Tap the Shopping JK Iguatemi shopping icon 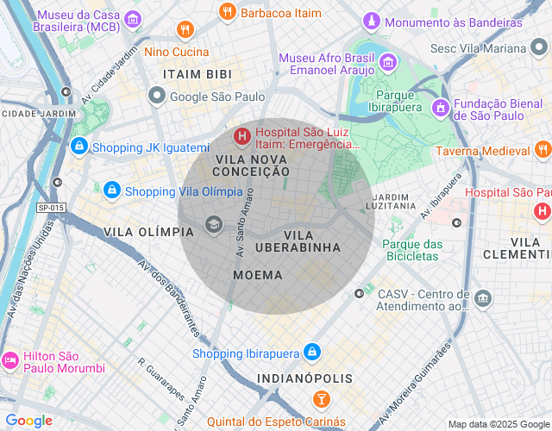(x=79, y=147)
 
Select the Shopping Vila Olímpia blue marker (x=111, y=191)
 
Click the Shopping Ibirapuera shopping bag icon (x=312, y=353)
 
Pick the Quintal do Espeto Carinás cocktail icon (x=321, y=400)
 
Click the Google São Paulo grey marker (x=156, y=97)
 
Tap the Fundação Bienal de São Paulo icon (x=440, y=107)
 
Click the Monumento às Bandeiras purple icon (x=371, y=22)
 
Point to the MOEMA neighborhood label (x=258, y=275)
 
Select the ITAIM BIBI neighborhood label (x=194, y=75)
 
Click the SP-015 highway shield (x=52, y=208)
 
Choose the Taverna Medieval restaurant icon (x=543, y=150)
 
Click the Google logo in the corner (x=29, y=421)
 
